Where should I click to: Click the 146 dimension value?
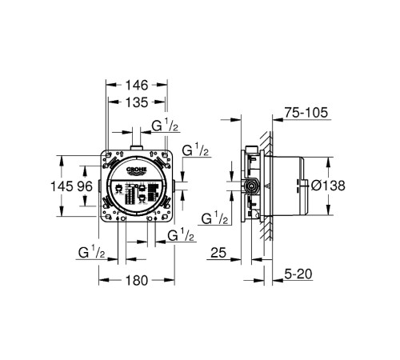(x=137, y=86)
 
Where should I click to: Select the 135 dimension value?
(x=137, y=102)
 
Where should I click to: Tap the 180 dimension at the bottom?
(x=137, y=281)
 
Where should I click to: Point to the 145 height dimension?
(x=62, y=186)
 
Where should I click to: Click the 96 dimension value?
(x=85, y=186)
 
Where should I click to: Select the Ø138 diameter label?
(x=328, y=186)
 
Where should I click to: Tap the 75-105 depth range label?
(x=306, y=113)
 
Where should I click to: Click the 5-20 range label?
(x=298, y=274)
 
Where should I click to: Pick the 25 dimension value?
(x=218, y=253)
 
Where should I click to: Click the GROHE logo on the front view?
(x=136, y=170)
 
